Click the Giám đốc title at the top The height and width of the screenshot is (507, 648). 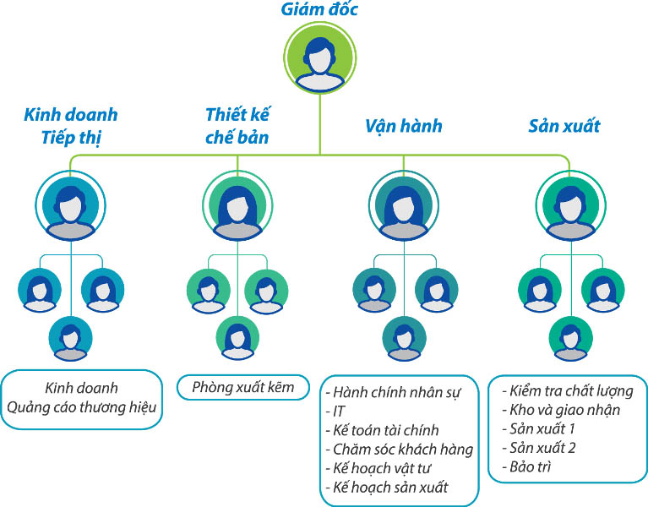click(x=319, y=10)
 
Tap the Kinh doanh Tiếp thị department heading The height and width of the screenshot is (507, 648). click(x=71, y=125)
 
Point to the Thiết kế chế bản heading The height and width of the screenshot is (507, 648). click(x=237, y=125)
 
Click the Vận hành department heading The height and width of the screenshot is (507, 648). click(x=404, y=126)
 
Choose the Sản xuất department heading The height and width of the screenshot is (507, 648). click(x=564, y=126)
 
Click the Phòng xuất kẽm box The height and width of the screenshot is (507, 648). click(x=242, y=388)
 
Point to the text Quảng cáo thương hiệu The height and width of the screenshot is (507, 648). click(x=82, y=409)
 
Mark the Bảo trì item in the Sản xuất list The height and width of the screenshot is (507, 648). click(x=531, y=466)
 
